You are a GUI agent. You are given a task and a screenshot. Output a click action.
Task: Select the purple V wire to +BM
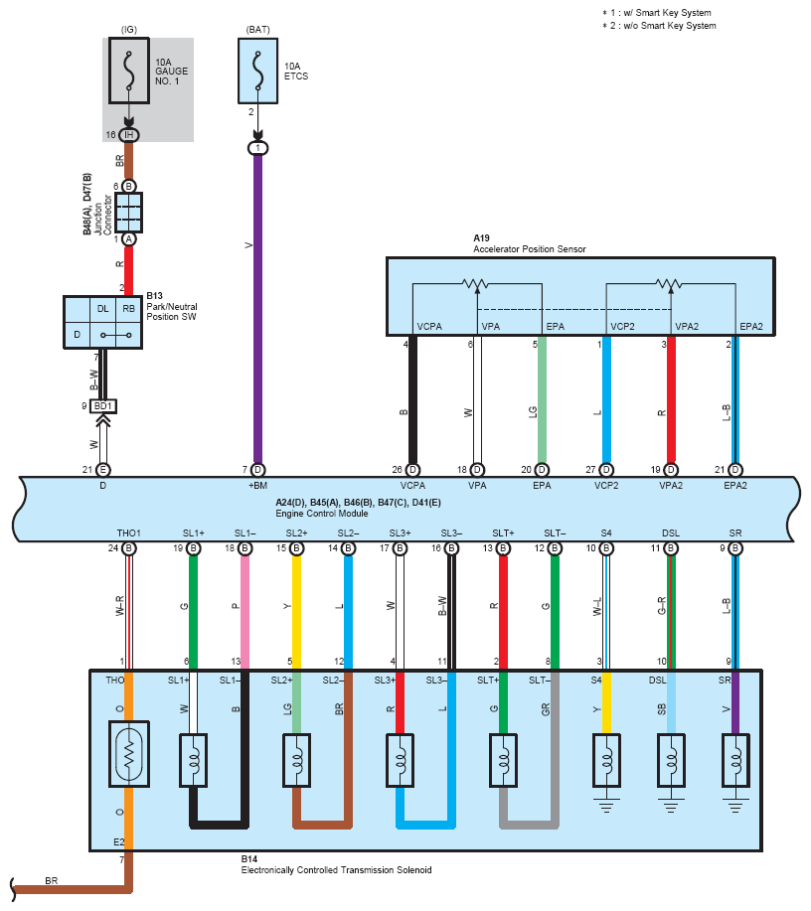258,298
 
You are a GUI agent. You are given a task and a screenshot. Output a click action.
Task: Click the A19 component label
482,238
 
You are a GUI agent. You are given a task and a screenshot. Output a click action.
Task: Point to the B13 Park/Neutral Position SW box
102,322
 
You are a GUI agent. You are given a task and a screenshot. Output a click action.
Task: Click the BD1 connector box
101,406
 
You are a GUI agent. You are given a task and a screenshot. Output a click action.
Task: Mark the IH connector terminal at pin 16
129,135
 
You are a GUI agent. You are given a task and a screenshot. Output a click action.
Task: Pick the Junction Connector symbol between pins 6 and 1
129,213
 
